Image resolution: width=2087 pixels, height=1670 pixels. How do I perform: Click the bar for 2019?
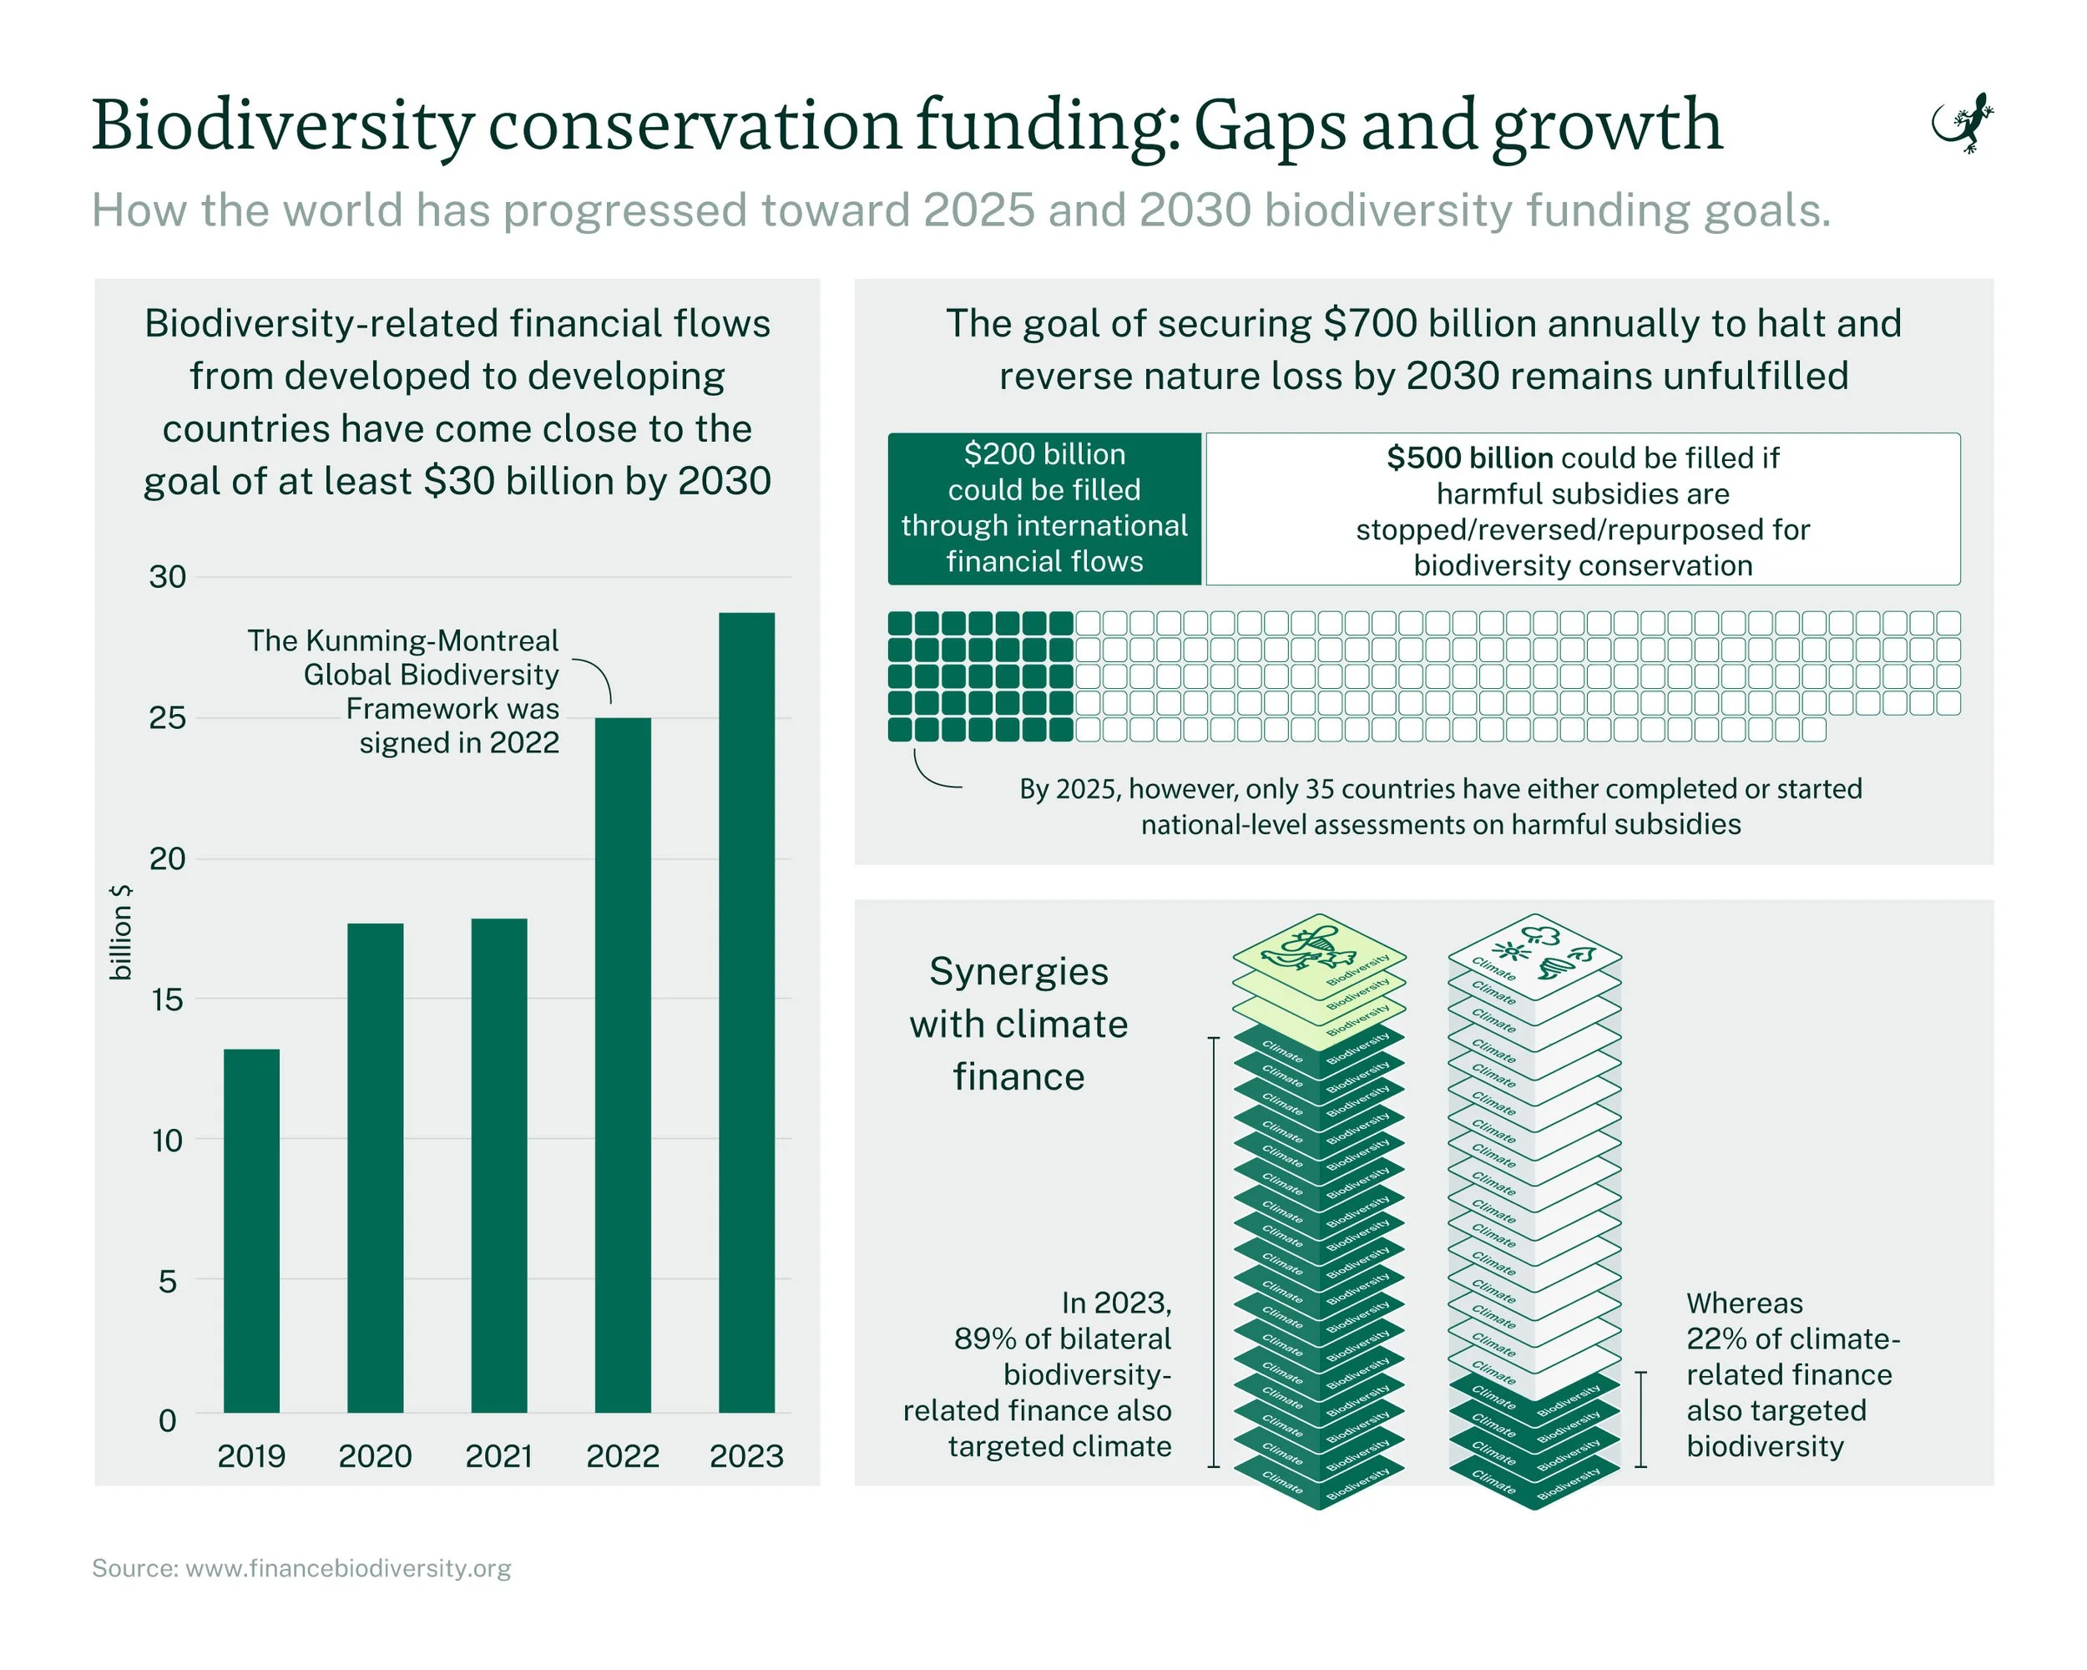pos(251,1229)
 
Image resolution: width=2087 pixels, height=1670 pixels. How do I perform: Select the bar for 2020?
pos(376,1166)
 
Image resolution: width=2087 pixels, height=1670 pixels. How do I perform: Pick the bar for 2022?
pos(623,1065)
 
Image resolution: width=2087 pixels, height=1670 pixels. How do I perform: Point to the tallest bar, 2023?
pos(746,1012)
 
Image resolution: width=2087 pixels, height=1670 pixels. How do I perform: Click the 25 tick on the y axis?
pos(168,718)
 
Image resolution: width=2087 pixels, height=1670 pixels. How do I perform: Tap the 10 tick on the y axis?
pos(168,1141)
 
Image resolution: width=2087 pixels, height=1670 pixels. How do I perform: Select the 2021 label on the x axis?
pos(499,1456)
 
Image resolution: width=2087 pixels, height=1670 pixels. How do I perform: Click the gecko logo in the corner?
pos(1963,124)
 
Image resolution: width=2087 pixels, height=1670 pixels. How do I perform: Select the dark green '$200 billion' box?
pos(1044,509)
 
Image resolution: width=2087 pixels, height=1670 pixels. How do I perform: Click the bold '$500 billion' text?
pos(1469,458)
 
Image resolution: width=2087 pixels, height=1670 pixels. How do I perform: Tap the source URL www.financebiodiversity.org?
pos(347,1568)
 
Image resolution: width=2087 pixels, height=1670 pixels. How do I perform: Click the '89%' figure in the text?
pos(985,1339)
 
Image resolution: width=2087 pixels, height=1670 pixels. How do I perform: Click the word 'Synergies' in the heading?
pos(1018,971)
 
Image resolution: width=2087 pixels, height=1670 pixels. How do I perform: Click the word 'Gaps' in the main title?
pos(1270,126)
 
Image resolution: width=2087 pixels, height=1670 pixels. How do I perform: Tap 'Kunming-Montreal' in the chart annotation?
pos(432,641)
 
